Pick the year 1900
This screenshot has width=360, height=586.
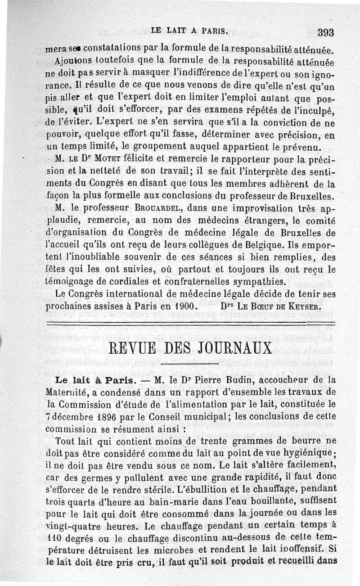[184, 306]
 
